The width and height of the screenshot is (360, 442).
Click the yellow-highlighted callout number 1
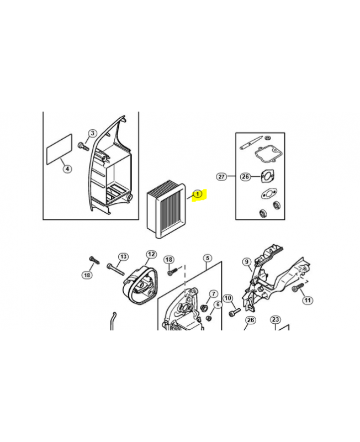click(198, 194)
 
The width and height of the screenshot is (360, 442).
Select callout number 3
click(92, 133)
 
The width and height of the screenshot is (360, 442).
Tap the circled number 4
click(67, 169)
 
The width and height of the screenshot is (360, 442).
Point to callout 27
click(221, 176)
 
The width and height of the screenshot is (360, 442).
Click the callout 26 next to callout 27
click(245, 176)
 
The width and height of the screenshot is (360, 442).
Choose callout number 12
click(151, 254)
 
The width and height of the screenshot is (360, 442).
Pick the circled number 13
click(123, 256)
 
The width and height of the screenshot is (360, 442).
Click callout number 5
click(208, 258)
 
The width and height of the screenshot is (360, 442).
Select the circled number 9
click(247, 262)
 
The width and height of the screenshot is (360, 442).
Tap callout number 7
click(213, 294)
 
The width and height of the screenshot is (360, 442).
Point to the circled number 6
click(218, 304)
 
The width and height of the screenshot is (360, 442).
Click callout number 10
click(228, 298)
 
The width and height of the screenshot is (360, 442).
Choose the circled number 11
click(308, 300)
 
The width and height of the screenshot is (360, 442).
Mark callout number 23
click(275, 320)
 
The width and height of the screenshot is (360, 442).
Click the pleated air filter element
click(166, 211)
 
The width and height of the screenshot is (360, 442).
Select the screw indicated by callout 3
click(83, 146)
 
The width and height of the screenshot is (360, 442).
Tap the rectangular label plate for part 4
click(59, 149)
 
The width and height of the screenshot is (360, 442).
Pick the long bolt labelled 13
click(115, 269)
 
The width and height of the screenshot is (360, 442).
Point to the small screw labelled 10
click(235, 312)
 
